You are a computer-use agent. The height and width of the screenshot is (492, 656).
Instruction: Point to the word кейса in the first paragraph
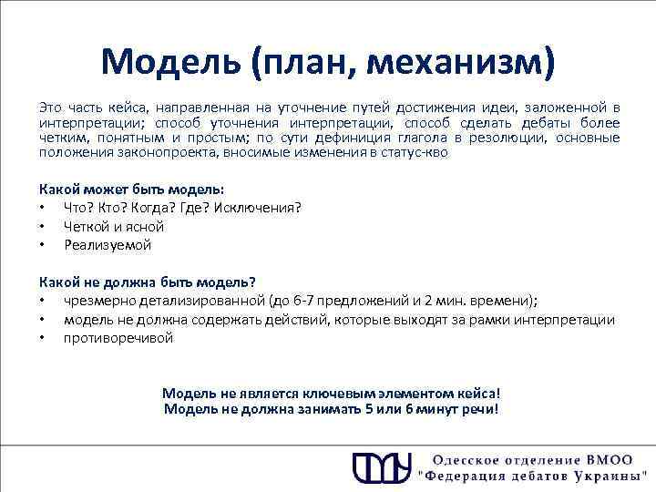coord(99,108)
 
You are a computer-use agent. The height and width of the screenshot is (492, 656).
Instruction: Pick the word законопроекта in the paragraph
coord(158,152)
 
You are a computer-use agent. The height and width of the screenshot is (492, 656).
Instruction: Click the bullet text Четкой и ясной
coord(114,226)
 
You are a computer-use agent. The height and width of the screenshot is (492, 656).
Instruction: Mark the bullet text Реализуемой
coord(108,245)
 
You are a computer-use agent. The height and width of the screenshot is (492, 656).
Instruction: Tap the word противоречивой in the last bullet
coord(118,338)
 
